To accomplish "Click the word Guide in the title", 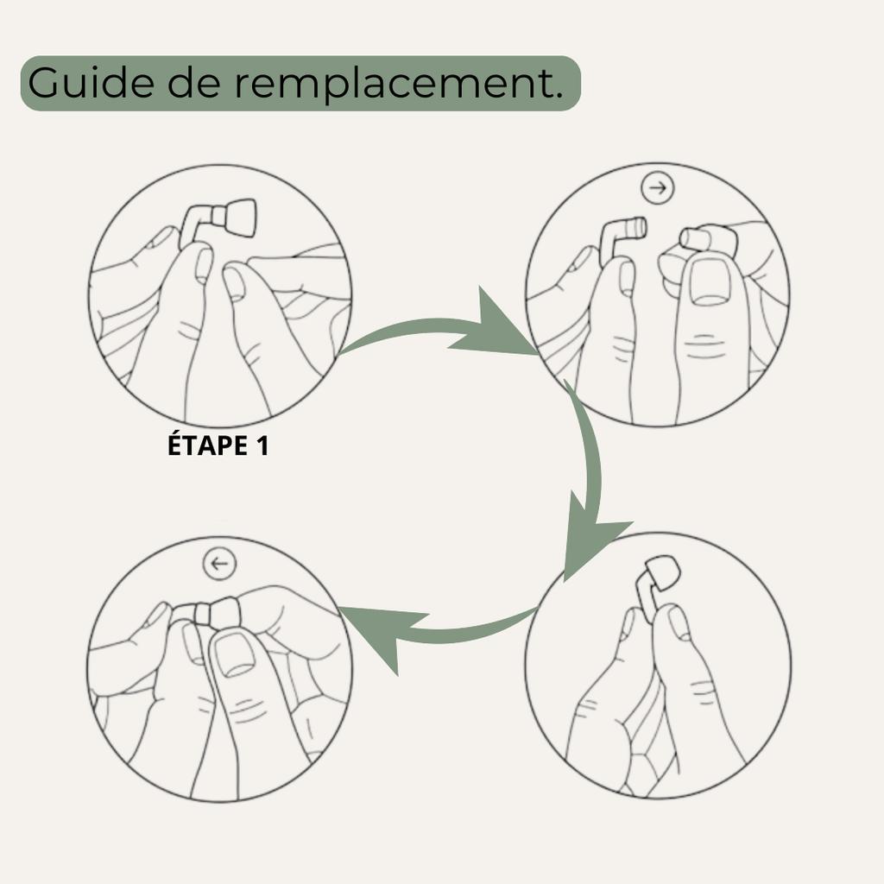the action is (91, 82).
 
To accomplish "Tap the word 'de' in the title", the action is (193, 82).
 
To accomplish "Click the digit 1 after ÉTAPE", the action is (262, 445).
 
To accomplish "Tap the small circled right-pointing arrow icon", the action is (657, 187).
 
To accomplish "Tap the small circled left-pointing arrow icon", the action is (219, 563).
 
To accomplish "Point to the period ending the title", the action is (559, 97).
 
